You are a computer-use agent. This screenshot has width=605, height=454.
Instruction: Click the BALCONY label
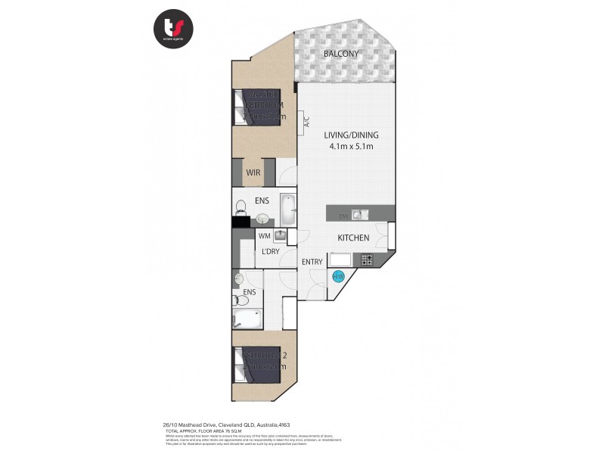pyautogui.click(x=340, y=54)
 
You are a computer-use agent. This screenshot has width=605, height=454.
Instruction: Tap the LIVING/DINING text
pyautogui.click(x=351, y=135)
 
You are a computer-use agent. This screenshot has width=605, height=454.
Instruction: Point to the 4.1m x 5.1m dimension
pyautogui.click(x=351, y=147)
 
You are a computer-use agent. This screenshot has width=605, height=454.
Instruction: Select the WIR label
pyautogui.click(x=253, y=173)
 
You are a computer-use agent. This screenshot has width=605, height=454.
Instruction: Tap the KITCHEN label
pyautogui.click(x=353, y=238)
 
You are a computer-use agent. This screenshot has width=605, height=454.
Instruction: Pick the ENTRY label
pyautogui.click(x=312, y=262)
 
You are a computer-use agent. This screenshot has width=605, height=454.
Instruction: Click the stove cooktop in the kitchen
pyautogui.click(x=367, y=260)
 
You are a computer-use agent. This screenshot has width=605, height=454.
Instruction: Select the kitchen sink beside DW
pyautogui.click(x=358, y=216)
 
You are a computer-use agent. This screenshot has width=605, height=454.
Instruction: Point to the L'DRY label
pyautogui.click(x=271, y=251)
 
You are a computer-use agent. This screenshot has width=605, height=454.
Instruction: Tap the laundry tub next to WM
pyautogui.click(x=279, y=236)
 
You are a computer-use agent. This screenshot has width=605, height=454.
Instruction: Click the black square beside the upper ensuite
pyautogui.click(x=240, y=222)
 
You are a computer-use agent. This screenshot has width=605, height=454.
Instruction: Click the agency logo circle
pyautogui.click(x=175, y=29)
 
